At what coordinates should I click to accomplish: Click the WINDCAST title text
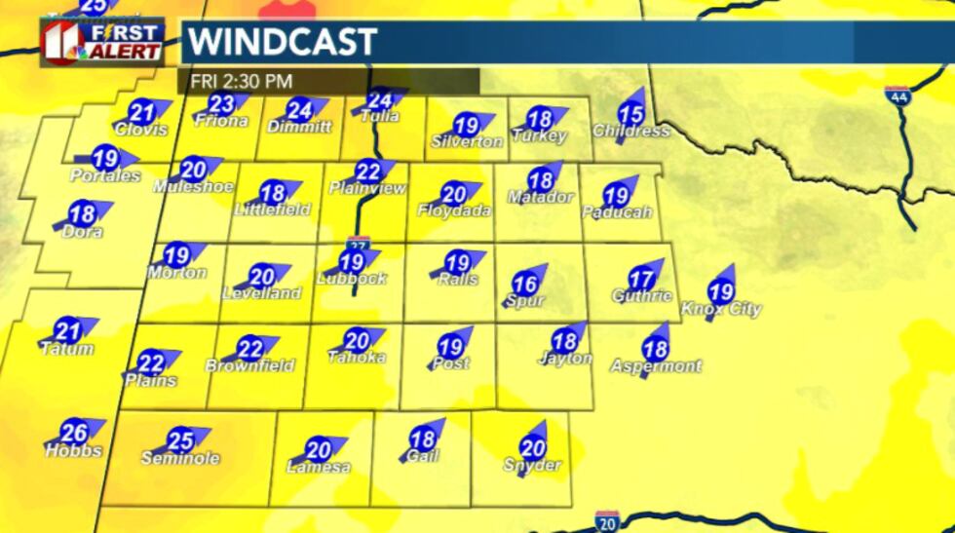pos(282,42)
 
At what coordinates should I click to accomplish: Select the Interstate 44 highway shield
pos(898,96)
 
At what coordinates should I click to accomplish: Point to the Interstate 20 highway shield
pos(608,520)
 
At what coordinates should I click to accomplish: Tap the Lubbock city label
pos(352,279)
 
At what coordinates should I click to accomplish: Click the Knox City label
pos(721,309)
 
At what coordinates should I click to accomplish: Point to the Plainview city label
pos(367,188)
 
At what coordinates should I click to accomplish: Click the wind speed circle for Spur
pos(525,285)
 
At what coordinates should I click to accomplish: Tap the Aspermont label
pos(656,366)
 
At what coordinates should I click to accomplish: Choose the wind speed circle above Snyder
pos(533,448)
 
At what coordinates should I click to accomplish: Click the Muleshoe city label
pos(193,185)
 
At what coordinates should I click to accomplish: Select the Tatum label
pos(67,349)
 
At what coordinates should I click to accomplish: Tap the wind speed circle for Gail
pos(422,440)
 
